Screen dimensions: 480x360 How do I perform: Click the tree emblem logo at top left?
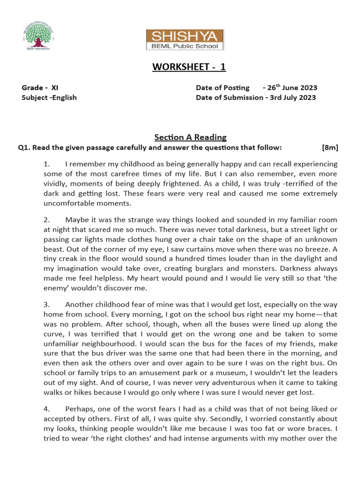coord(37,35)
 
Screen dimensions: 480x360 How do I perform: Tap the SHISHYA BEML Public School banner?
coord(184,40)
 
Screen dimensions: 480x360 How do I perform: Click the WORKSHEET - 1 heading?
coord(189,67)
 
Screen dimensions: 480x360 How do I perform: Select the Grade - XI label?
coord(40,88)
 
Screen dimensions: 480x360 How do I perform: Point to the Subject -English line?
coord(49,97)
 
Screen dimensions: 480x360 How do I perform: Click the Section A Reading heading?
coord(190,137)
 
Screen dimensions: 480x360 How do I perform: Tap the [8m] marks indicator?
coord(330,148)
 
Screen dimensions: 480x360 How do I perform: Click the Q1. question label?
coord(24,148)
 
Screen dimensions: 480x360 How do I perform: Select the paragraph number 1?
coord(46,164)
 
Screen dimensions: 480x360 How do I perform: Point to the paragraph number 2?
coord(46,219)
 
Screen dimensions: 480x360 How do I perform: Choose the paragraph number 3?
coord(46,304)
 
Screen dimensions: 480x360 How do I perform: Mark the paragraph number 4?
coord(46,409)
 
